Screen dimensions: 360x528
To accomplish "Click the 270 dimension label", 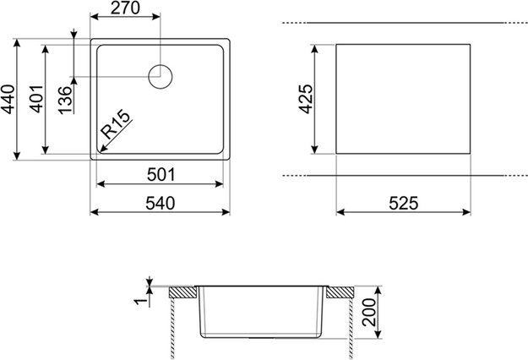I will (125, 9).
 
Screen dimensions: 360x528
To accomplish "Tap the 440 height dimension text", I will (8, 98).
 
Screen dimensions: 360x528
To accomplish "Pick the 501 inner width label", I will (161, 174).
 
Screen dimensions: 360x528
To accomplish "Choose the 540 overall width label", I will (161, 203).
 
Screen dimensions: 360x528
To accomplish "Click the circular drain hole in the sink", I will (161, 76).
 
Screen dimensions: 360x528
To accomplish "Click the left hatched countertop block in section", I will (181, 292).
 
